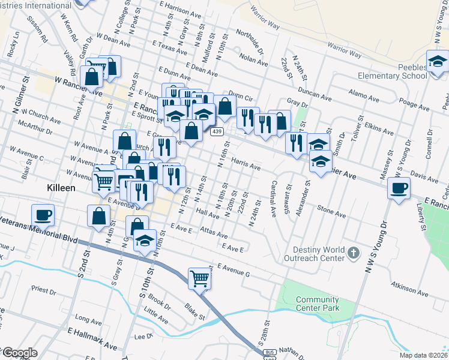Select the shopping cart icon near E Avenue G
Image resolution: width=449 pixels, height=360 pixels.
(200, 278)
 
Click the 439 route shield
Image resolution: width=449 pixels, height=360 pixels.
(217, 131)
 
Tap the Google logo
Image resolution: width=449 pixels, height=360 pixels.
(19, 353)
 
